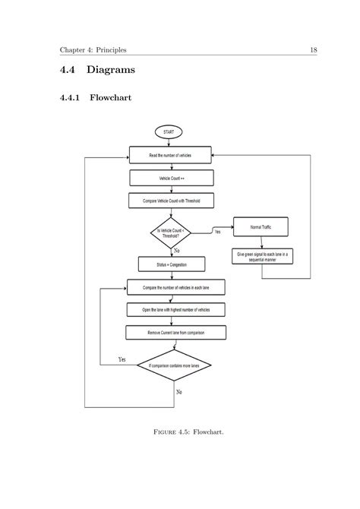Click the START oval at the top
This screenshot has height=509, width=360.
coord(168,131)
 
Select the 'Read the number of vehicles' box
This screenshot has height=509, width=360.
coord(172,155)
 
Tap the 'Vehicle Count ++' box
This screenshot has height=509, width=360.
coord(172,178)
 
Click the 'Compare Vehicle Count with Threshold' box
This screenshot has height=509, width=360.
coord(172,201)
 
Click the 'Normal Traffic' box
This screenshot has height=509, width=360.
coord(260,227)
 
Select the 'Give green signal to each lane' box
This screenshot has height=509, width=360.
coord(261,255)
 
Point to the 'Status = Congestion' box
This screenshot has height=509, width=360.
coord(172,264)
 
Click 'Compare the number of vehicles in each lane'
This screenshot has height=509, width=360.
coord(175,288)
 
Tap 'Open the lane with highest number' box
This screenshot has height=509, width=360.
coord(175,310)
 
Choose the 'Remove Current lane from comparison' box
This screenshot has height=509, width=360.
coord(175,333)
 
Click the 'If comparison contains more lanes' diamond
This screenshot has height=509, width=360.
coord(174,365)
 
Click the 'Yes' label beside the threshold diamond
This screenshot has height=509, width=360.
coord(218,231)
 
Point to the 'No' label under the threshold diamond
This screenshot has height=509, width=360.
coord(177,249)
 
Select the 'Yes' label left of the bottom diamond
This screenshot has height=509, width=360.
coord(122,359)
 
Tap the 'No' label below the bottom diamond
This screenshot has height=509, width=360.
coord(178,392)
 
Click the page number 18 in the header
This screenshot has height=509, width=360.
coord(312,50)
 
